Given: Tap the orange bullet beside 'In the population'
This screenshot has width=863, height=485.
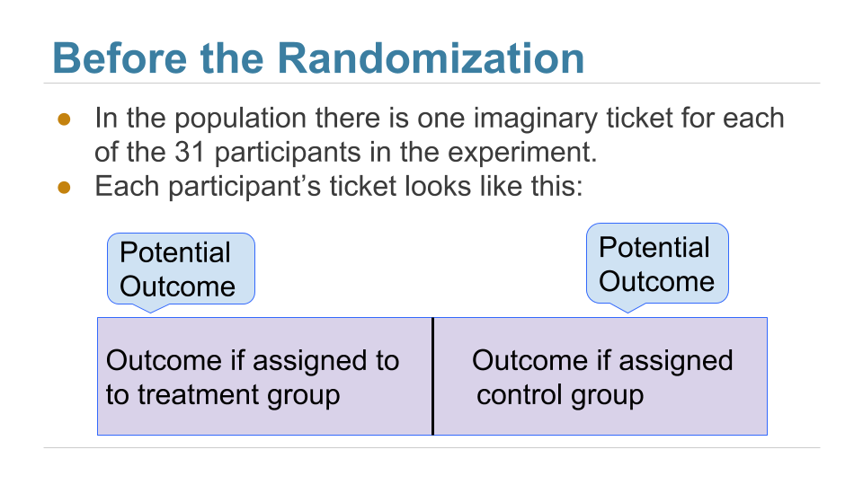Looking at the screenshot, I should pos(64,119).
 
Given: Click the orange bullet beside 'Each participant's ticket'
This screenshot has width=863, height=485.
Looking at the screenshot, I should pos(64,187).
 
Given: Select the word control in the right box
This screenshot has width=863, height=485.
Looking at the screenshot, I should pos(520,395).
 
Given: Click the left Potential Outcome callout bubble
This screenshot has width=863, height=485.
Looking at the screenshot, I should pos(181,269).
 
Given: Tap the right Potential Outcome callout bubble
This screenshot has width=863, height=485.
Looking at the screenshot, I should pos(656,263).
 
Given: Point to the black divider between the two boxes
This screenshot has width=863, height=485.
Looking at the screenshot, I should pos(432,375).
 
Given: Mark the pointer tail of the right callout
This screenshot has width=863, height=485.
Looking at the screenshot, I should pos(626,306).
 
